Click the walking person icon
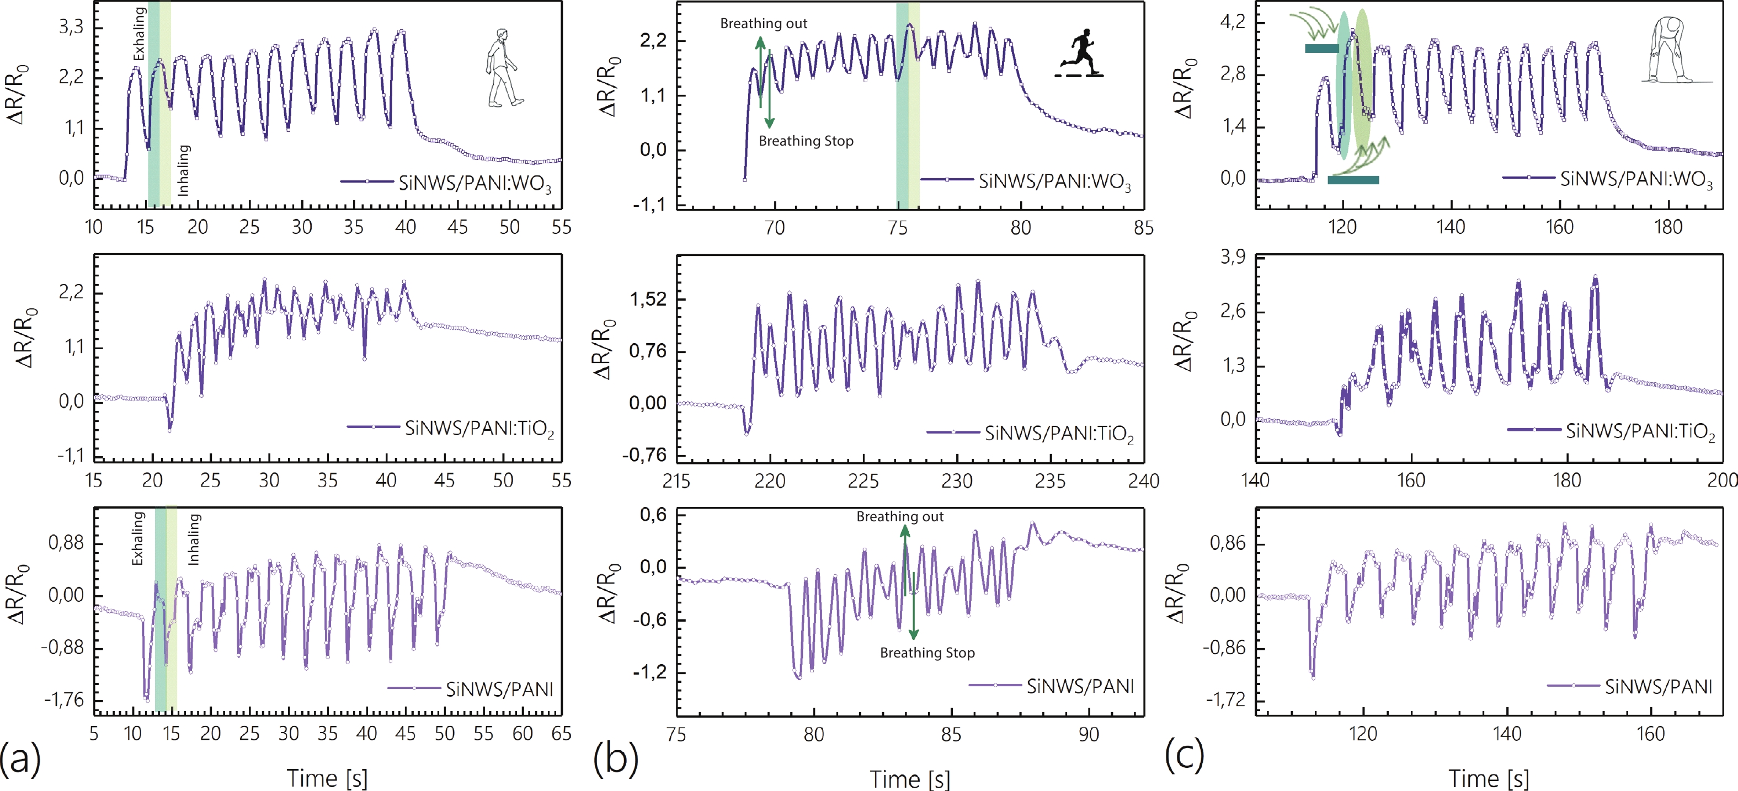502,67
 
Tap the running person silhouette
1080,54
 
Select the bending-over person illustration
1669,51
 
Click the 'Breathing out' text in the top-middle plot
763,24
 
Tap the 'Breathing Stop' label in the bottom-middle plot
927,653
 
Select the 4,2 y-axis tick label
1233,22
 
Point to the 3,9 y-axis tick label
1233,257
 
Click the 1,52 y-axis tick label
648,299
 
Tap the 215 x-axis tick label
676,481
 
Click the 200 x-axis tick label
1722,480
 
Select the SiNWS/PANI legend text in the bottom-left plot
499,689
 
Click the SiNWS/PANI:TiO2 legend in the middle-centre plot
1059,433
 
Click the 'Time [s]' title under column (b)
909,779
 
